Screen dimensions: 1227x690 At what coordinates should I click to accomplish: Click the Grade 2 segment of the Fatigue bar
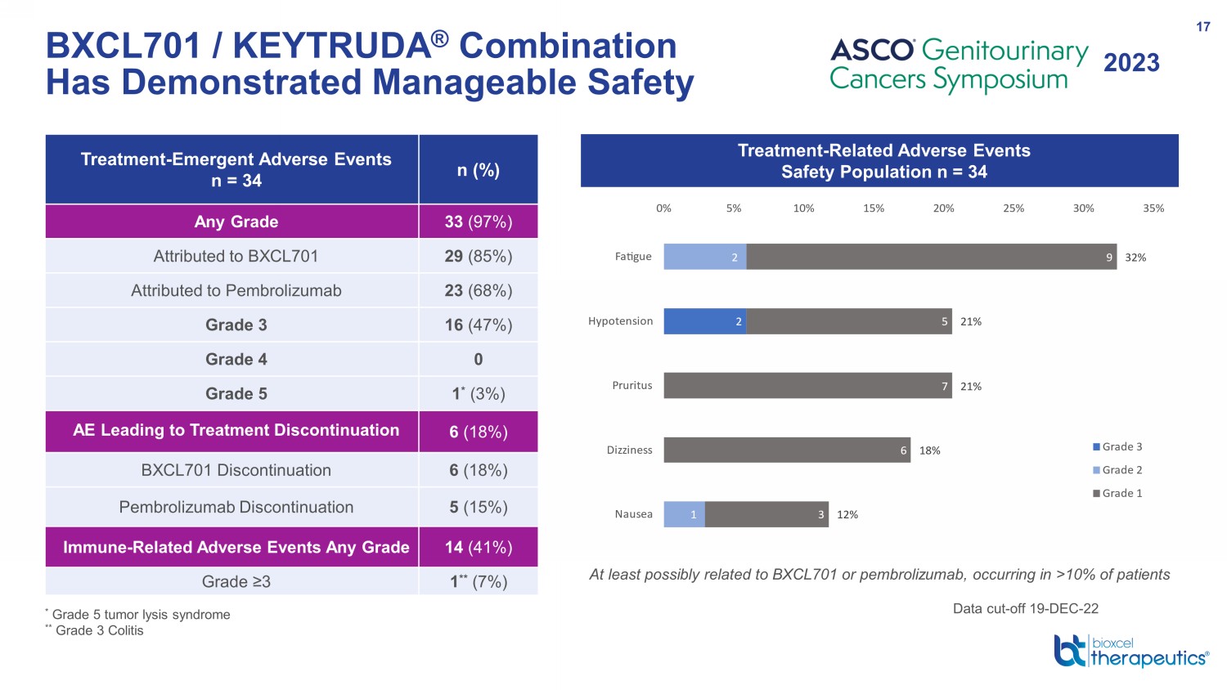pyautogui.click(x=705, y=257)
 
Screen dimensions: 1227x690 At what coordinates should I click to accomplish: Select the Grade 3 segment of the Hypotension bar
pyautogui.click(x=705, y=321)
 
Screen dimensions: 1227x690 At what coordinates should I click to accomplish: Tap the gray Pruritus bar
pyautogui.click(x=808, y=386)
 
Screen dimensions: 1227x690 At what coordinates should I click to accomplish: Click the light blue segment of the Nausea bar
pyautogui.click(x=684, y=514)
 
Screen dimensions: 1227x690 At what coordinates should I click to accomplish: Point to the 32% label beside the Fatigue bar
pyautogui.click(x=1135, y=258)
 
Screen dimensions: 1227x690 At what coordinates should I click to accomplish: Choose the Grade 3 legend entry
pyautogui.click(x=1117, y=447)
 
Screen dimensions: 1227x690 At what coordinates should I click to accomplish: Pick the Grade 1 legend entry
pyautogui.click(x=1117, y=494)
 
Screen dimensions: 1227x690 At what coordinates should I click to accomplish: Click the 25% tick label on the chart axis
pyautogui.click(x=1014, y=208)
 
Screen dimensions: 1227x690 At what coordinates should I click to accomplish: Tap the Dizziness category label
pyautogui.click(x=629, y=450)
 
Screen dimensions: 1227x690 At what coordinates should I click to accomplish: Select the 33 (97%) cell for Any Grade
pyautogui.click(x=479, y=222)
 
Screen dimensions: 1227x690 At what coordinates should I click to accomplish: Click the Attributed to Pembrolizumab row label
pyautogui.click(x=236, y=290)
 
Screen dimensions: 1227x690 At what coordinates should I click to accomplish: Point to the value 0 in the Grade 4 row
pyautogui.click(x=479, y=359)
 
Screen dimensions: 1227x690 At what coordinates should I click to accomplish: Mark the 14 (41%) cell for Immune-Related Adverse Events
pyautogui.click(x=479, y=547)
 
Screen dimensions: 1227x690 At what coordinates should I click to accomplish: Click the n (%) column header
pyautogui.click(x=479, y=170)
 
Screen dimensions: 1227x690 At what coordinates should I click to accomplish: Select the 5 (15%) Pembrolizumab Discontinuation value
pyautogui.click(x=479, y=507)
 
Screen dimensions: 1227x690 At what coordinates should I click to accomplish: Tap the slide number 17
pyautogui.click(x=1203, y=27)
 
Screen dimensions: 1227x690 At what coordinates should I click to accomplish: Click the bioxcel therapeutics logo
pyautogui.click(x=1131, y=651)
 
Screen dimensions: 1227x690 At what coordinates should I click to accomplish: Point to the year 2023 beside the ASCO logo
pyautogui.click(x=1131, y=62)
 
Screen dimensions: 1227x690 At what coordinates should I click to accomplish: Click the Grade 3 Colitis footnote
pyautogui.click(x=95, y=630)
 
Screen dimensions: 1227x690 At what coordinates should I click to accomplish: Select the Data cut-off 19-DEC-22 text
pyautogui.click(x=1026, y=608)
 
